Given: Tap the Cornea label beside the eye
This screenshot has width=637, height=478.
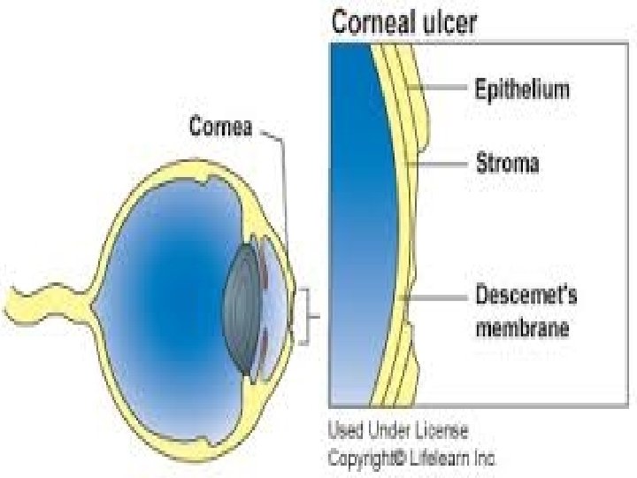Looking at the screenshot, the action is [x=221, y=127].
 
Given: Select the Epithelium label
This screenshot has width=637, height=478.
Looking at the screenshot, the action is [x=522, y=89].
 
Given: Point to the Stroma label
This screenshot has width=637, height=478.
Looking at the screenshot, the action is [x=508, y=164].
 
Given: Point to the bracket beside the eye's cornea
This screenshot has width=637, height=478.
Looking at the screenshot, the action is [x=307, y=316].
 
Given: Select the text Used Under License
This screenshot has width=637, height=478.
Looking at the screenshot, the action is [x=398, y=431].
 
